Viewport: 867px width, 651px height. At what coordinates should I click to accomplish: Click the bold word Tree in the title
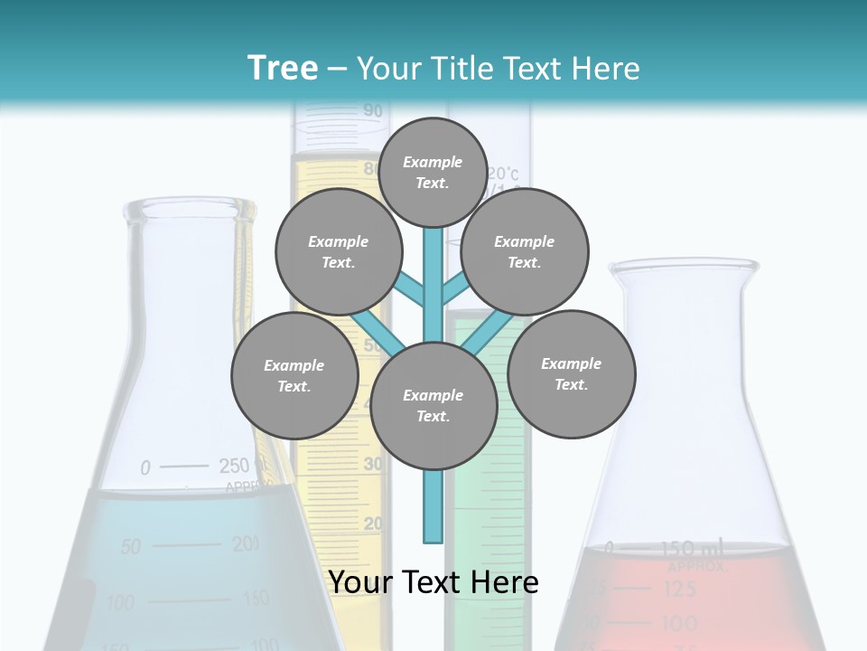[x=283, y=68]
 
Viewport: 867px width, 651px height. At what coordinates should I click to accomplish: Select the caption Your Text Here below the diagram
[x=433, y=582]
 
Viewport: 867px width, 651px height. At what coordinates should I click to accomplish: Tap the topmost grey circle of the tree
[x=433, y=172]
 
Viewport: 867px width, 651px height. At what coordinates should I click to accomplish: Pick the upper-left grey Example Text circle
[x=339, y=251]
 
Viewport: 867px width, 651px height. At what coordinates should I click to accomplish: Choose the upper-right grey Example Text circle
[x=525, y=251]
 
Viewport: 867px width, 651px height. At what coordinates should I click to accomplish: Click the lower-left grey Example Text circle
[x=294, y=375]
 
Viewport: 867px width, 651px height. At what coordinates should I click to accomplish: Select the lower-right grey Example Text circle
[x=572, y=373]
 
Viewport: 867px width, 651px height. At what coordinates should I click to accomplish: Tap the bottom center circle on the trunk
[x=433, y=406]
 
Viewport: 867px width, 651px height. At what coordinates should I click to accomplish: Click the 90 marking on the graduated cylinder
[x=372, y=111]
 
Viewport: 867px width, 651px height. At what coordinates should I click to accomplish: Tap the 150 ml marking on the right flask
[x=690, y=548]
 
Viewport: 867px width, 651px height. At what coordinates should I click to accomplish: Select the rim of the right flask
[x=684, y=267]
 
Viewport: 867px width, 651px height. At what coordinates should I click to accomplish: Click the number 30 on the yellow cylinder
[x=372, y=464]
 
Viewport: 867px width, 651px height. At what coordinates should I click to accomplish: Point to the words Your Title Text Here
[x=499, y=68]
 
